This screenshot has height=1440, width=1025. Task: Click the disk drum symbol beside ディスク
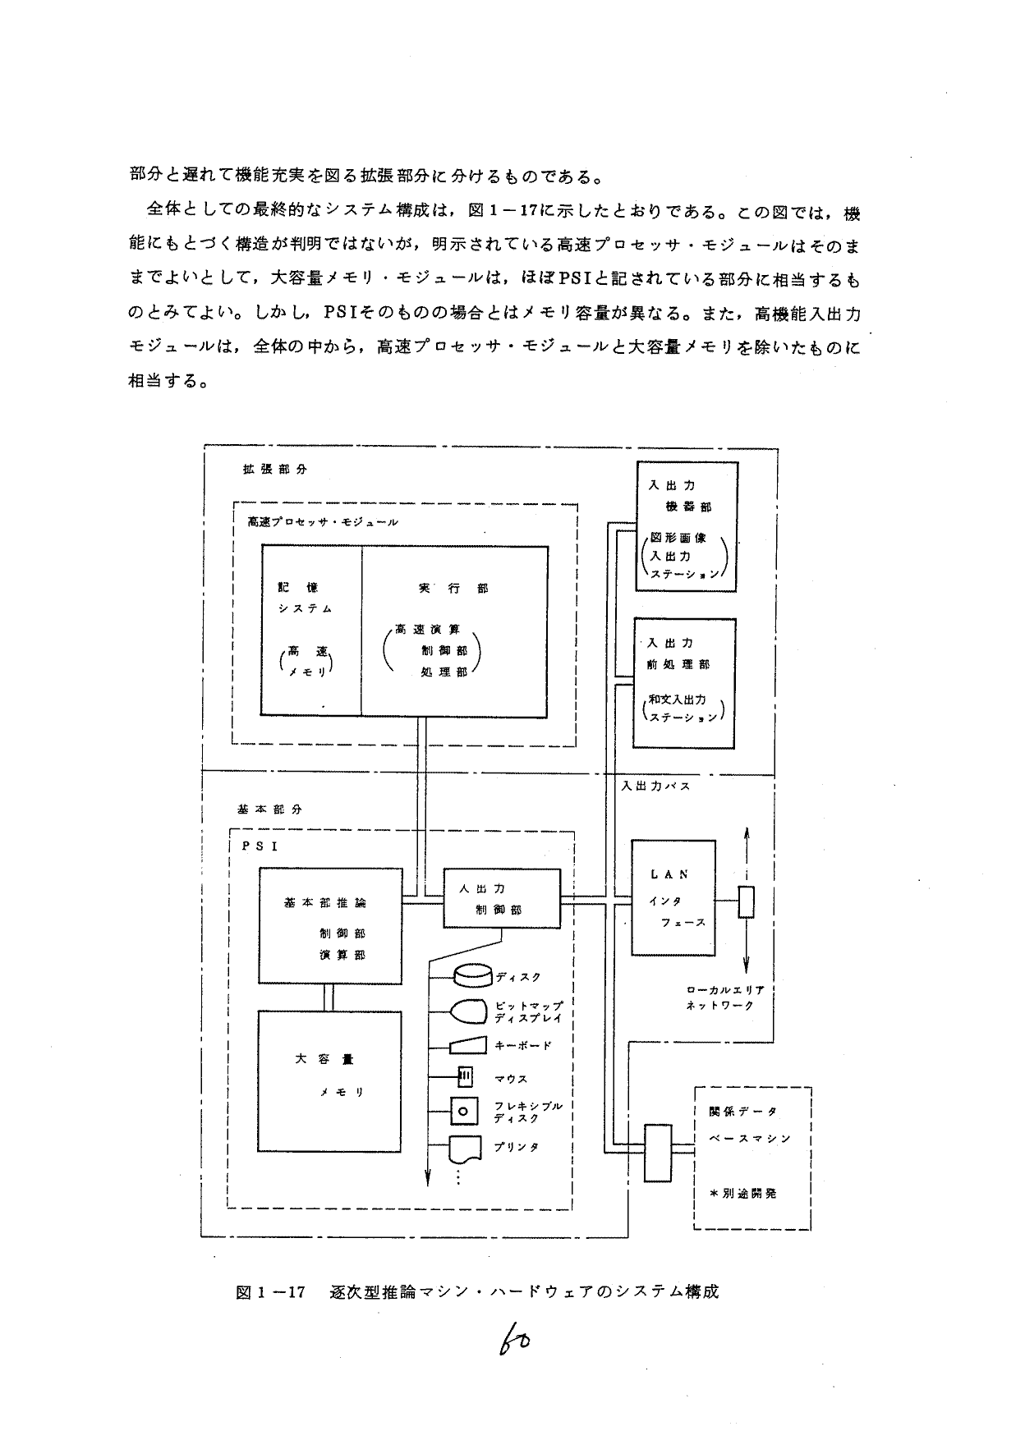tap(471, 975)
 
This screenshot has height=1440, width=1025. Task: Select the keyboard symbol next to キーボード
tap(469, 1044)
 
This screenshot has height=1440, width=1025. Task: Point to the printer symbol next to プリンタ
tap(466, 1148)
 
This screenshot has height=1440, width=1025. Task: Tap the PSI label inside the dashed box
tap(260, 846)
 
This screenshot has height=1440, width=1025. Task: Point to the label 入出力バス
tap(655, 786)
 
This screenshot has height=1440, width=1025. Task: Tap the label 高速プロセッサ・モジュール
tap(323, 521)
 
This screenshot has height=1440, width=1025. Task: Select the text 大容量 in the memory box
tap(324, 1059)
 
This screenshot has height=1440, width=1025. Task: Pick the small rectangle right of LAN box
tap(746, 902)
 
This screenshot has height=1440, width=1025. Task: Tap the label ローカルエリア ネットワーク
tap(720, 997)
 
